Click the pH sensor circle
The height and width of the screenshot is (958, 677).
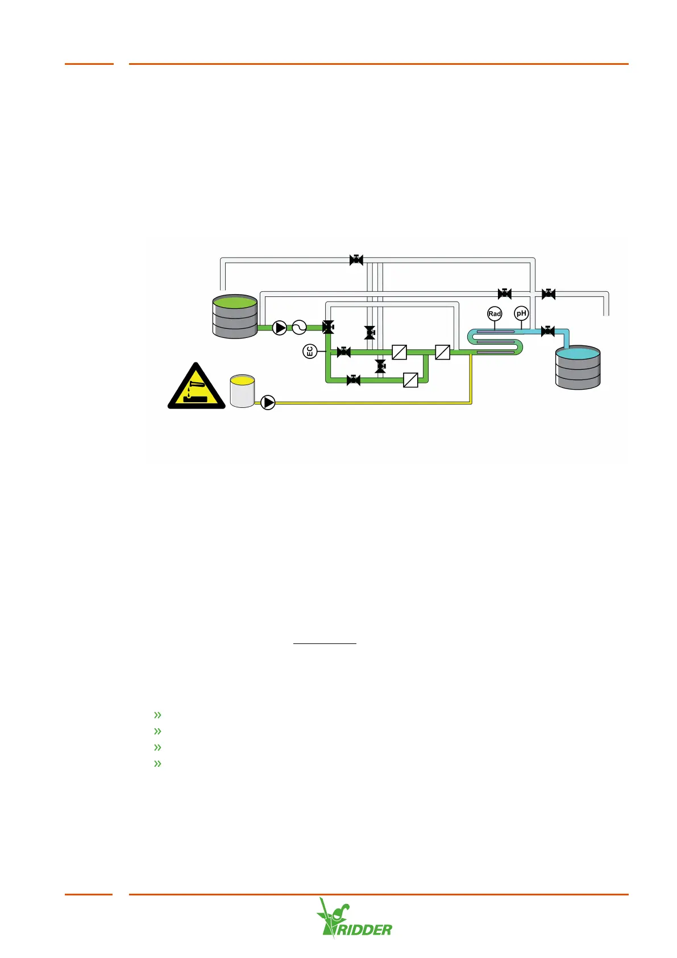pyautogui.click(x=521, y=313)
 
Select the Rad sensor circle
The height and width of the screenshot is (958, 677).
pyautogui.click(x=495, y=313)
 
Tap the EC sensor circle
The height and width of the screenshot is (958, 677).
pyautogui.click(x=310, y=352)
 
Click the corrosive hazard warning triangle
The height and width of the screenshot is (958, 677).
pyautogui.click(x=196, y=387)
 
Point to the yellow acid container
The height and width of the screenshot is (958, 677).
pyautogui.click(x=242, y=391)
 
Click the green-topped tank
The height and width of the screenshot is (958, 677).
pyautogui.click(x=235, y=316)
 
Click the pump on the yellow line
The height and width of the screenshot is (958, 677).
pyautogui.click(x=268, y=402)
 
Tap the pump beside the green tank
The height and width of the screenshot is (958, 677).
pyautogui.click(x=280, y=328)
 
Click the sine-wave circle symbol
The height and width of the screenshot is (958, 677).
pyautogui.click(x=299, y=328)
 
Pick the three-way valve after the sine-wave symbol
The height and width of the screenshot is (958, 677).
pyautogui.click(x=328, y=327)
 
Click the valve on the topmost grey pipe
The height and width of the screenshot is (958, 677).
pyautogui.click(x=356, y=260)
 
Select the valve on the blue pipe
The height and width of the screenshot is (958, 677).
pyautogui.click(x=547, y=331)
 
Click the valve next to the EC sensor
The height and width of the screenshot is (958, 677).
pyautogui.click(x=343, y=352)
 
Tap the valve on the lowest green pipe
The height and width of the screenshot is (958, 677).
pyautogui.click(x=354, y=380)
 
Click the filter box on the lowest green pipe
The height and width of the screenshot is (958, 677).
pyautogui.click(x=410, y=379)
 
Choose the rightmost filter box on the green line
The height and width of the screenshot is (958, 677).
pyautogui.click(x=442, y=352)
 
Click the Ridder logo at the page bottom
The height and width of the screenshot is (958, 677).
pyautogui.click(x=354, y=918)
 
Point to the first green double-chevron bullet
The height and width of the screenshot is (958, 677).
pyautogui.click(x=157, y=715)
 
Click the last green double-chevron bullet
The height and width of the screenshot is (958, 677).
pyautogui.click(x=157, y=763)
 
